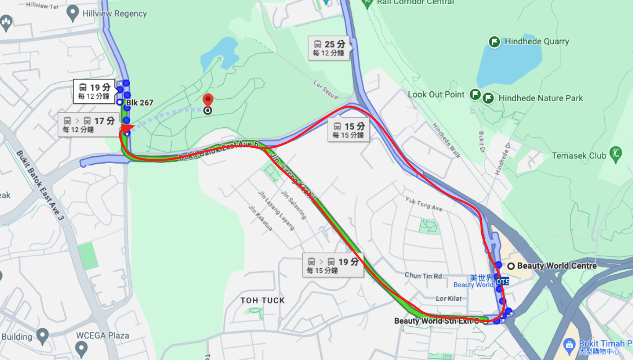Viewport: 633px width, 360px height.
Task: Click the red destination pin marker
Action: [x=207, y=101]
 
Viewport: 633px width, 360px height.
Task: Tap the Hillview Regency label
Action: [x=114, y=14]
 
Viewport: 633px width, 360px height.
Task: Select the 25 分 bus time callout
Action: [x=329, y=48]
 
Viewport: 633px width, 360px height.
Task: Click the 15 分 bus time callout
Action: [x=348, y=130]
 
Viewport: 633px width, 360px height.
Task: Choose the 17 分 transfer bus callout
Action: [x=88, y=124]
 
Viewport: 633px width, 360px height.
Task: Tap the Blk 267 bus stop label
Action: [x=139, y=102]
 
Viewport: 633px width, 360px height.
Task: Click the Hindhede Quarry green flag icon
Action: [x=494, y=42]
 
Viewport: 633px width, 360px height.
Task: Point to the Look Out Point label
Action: [x=436, y=94]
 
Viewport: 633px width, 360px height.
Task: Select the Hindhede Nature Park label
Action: [x=540, y=98]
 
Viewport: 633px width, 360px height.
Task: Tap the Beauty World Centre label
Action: [x=557, y=266]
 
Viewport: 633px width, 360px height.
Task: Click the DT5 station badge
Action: [x=502, y=282]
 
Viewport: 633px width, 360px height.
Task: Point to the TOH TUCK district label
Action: [x=262, y=300]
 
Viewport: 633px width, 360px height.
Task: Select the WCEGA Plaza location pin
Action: [x=81, y=349]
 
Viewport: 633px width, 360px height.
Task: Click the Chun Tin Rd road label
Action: [x=423, y=276]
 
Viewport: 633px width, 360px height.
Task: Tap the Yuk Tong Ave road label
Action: [x=423, y=204]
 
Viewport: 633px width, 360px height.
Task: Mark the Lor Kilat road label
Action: [x=448, y=299]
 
